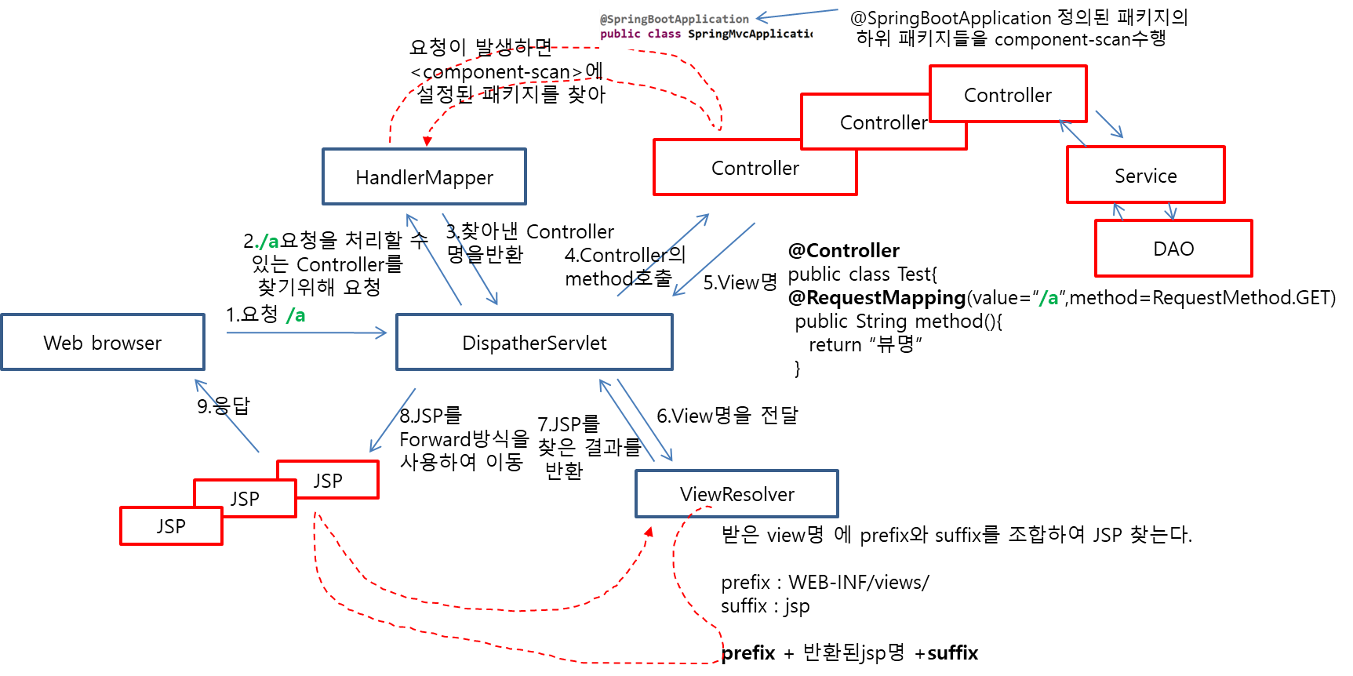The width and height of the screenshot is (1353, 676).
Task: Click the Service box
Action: tap(1145, 175)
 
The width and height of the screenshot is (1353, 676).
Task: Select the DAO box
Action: tap(1173, 249)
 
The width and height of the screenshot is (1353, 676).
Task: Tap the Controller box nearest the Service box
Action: tap(1008, 94)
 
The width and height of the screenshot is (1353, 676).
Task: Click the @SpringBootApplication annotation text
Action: tap(675, 19)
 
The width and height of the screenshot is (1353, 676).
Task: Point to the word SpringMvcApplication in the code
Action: tap(749, 34)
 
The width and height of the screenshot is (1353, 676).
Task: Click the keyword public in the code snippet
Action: tap(620, 34)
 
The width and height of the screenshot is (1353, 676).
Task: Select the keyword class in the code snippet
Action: tap(664, 34)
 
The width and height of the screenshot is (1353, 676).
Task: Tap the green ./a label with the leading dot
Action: tap(267, 242)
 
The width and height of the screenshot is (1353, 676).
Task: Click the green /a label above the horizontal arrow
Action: tap(296, 315)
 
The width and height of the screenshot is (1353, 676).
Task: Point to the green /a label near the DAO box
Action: tap(1049, 298)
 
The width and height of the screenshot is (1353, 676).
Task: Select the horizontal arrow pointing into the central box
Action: tap(306, 333)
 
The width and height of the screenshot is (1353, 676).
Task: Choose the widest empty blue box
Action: tap(534, 342)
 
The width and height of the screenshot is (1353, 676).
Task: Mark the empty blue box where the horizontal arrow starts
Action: tap(103, 342)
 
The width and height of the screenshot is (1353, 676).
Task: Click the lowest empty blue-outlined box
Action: tap(737, 493)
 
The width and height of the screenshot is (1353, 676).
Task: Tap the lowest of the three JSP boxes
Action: tap(171, 526)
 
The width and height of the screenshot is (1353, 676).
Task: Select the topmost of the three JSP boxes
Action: tap(329, 480)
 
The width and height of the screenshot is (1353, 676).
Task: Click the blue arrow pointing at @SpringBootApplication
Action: tap(795, 14)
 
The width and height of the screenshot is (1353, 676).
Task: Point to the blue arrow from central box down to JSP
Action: tap(392, 420)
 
